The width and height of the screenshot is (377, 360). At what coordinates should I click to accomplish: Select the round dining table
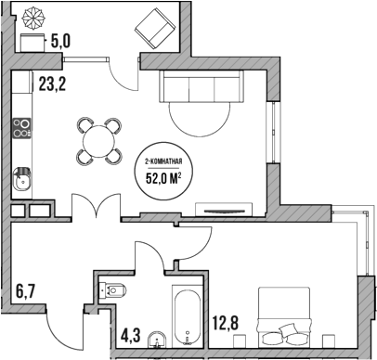pyautogui.click(x=99, y=141)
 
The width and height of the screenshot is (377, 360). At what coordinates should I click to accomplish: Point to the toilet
pyautogui.click(x=112, y=290)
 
